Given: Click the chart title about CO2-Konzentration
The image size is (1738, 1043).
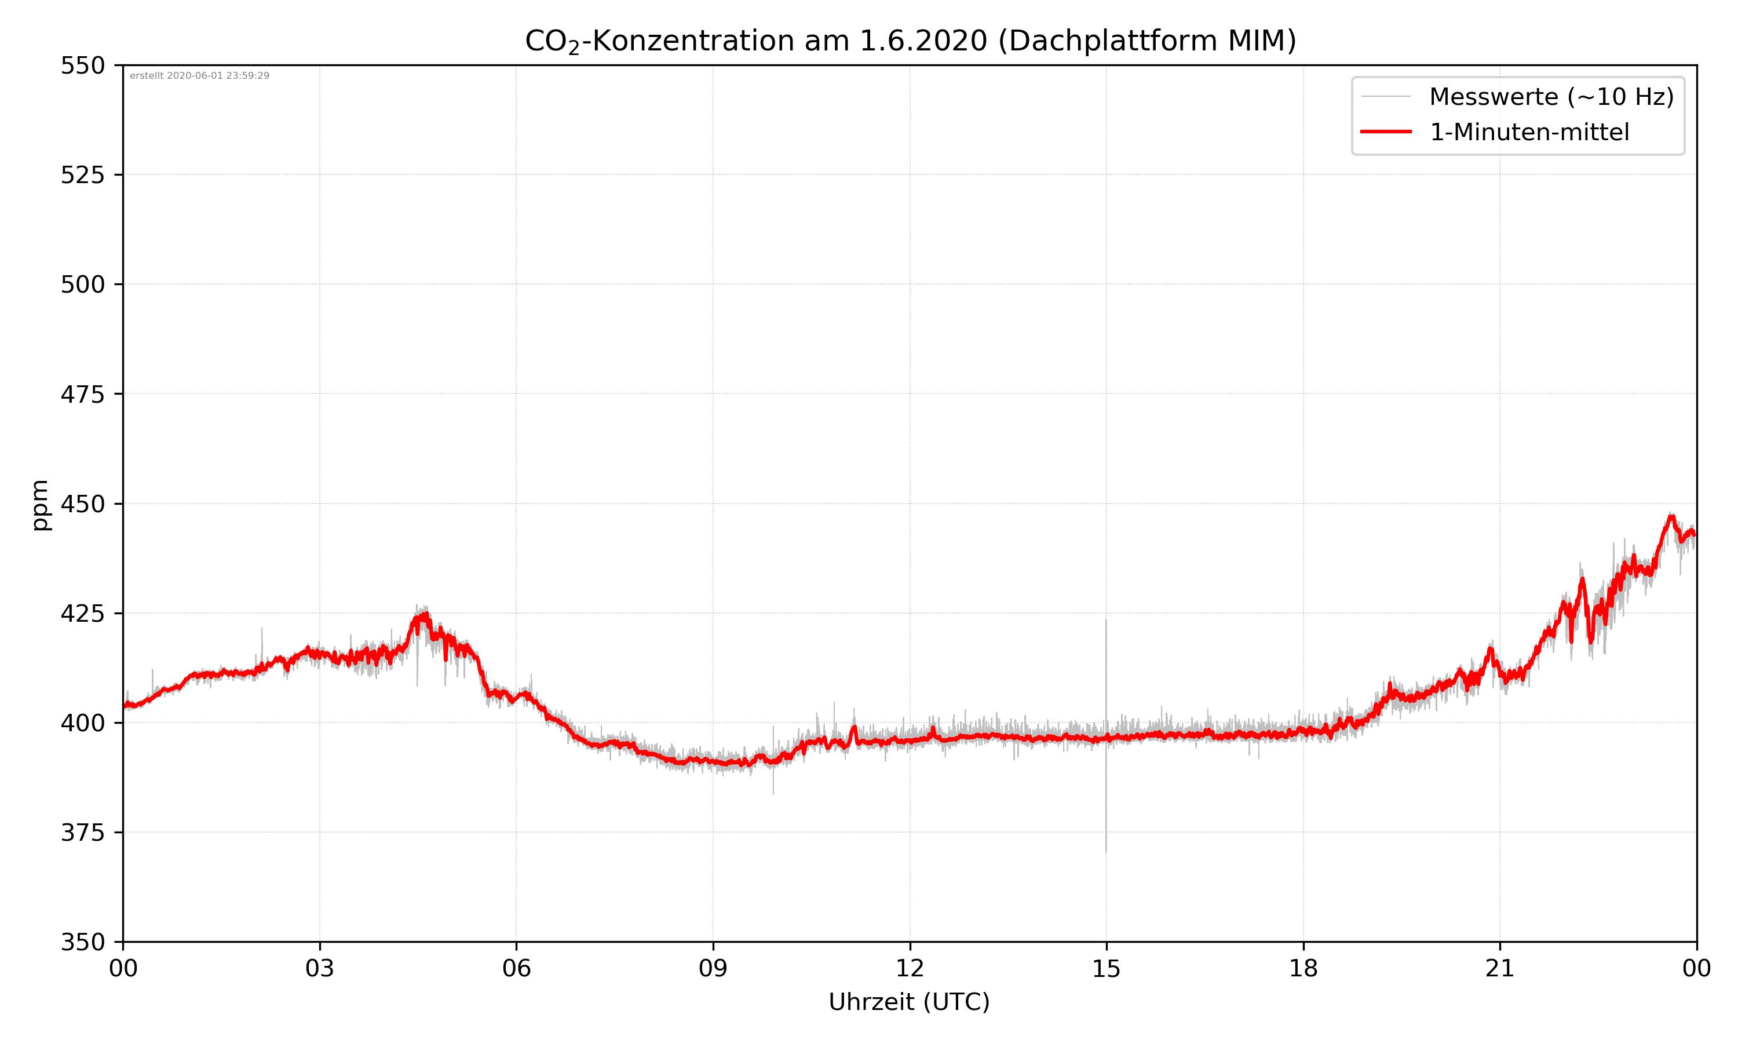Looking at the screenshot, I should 910,41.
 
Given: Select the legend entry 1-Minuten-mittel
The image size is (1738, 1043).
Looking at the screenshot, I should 1529,132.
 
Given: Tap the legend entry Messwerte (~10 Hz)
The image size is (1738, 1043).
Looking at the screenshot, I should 1551,97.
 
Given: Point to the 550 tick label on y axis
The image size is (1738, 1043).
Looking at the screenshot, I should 82,66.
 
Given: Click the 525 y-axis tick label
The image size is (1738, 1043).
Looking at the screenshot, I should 82,175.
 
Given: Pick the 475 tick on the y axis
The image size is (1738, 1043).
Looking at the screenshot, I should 82,394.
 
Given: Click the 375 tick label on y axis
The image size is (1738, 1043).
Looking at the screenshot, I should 82,833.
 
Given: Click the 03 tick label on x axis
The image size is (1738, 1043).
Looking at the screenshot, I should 320,968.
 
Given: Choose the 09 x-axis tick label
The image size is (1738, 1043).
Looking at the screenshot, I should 713,968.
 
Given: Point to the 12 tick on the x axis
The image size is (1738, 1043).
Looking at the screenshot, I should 910,968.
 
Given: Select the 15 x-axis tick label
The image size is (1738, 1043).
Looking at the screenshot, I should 1107,968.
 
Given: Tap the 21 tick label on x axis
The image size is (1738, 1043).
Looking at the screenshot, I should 1500,968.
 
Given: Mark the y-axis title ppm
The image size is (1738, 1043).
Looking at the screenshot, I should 40,505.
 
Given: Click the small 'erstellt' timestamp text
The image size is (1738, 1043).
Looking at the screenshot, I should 199,76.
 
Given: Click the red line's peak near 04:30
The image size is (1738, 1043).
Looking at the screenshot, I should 425,615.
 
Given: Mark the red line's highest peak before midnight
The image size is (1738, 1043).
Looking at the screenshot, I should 1671,517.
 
